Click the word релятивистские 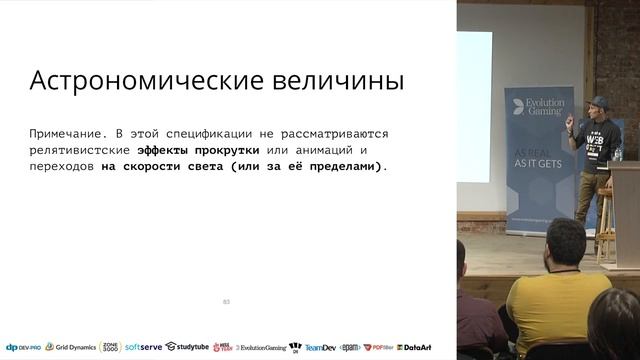coord(80,150)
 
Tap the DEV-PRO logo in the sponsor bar coord(21,347)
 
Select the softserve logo coord(143,347)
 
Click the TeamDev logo coord(320,348)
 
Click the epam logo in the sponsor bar coord(350,348)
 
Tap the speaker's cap coord(598,101)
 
